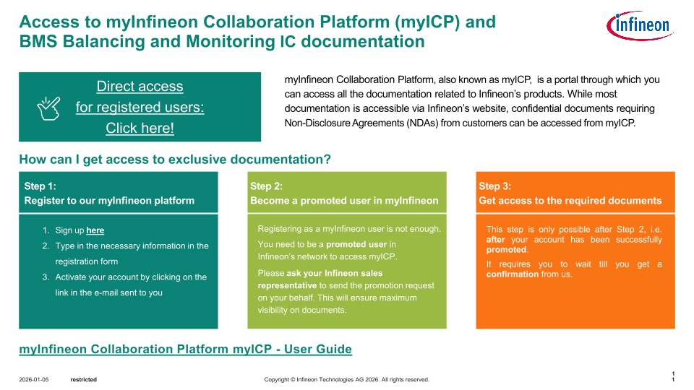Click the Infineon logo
pos(640,26)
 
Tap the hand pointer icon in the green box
pos(48,108)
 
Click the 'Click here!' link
pos(140,129)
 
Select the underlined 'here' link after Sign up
pos(95,230)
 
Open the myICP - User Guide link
pos(186,350)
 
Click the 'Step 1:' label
pos(40,186)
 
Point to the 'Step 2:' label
pos(267,186)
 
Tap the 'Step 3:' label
pos(494,186)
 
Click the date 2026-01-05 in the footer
pos(34,380)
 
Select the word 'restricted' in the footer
pos(84,380)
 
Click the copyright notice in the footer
pos(346,380)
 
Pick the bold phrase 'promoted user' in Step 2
pos(356,245)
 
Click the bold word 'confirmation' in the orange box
pos(513,274)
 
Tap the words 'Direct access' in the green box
pos(140,86)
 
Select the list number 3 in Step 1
pos(46,277)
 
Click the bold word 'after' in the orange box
pos(496,240)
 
